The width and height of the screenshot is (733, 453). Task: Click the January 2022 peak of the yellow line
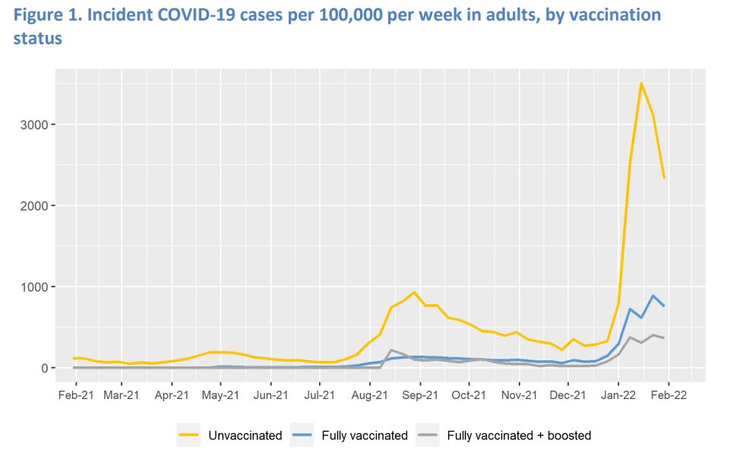641,83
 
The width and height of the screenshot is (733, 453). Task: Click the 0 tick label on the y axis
43,369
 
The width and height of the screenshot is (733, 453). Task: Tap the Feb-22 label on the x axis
668,395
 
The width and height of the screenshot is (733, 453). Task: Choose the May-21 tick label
221,395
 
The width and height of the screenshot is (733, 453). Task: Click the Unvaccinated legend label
251,436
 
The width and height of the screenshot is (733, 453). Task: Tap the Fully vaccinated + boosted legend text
519,436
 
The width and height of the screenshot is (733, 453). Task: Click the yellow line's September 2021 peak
414,292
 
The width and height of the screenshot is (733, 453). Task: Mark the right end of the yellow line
665,178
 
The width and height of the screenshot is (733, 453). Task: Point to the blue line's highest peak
652,296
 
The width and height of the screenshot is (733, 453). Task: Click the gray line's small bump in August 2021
391,350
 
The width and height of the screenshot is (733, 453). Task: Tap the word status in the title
37,37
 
